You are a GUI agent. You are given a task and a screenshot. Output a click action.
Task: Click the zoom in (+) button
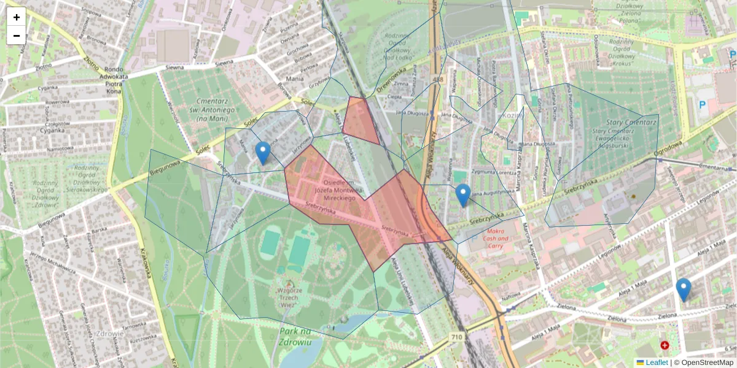pos(17,17)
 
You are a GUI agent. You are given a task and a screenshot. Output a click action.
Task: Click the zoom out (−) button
pos(17,36)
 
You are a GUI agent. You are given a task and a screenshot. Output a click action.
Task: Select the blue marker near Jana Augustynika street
pos(463,195)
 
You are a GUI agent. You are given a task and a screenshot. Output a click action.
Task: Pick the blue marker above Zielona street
pos(683,289)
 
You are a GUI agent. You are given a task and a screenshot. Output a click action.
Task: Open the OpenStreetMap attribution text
pos(708,362)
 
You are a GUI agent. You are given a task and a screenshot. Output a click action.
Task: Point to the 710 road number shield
pos(456,337)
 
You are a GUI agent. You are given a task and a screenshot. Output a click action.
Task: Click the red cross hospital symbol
pos(665,346)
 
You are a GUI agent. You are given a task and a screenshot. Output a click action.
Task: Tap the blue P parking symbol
pos(702,105)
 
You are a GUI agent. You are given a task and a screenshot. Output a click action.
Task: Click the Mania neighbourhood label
pos(295,79)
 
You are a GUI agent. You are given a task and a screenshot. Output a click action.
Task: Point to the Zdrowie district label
pos(111,334)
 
